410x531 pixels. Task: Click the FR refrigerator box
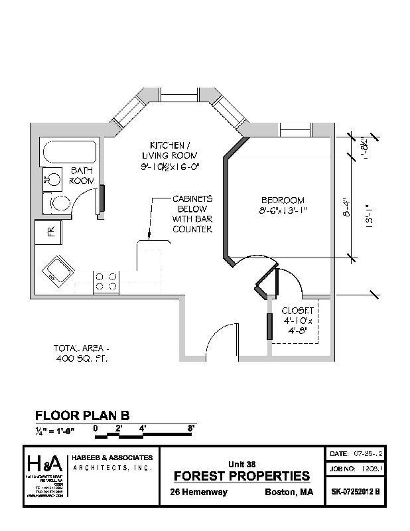[x=49, y=232]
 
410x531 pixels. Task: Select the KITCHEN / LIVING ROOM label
[x=171, y=156]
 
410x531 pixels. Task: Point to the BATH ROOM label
[x=82, y=176]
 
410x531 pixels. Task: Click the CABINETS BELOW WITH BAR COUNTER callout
[x=192, y=214]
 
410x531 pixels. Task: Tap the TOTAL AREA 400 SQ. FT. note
[x=80, y=353]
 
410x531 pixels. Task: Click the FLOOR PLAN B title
[x=82, y=416]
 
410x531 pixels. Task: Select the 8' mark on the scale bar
[x=191, y=428]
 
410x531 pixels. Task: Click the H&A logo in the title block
[x=44, y=463]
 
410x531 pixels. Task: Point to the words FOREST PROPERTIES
[x=241, y=476]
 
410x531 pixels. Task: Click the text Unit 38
[x=241, y=464]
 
